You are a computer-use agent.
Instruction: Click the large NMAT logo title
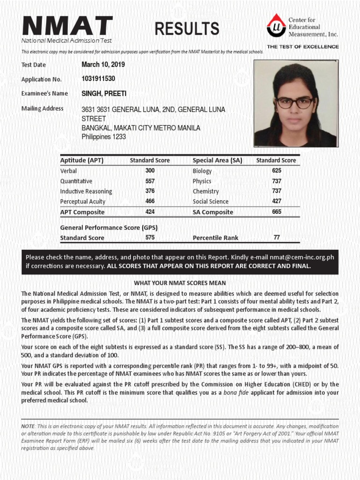(x=67, y=26)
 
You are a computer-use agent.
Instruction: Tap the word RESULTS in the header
(x=187, y=29)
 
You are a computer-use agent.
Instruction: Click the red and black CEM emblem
(x=276, y=26)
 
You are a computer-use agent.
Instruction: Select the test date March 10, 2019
(x=103, y=65)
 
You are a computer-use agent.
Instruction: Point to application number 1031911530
(x=98, y=79)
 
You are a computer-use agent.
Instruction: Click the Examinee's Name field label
(x=45, y=93)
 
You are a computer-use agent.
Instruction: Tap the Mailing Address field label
(x=43, y=109)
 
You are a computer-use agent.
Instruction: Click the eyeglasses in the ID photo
(x=295, y=102)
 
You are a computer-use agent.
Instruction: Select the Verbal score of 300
(x=150, y=171)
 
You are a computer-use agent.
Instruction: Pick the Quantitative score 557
(x=150, y=181)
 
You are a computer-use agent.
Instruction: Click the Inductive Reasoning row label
(x=86, y=191)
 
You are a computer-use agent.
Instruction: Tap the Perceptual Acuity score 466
(x=150, y=201)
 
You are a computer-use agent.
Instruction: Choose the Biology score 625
(x=277, y=171)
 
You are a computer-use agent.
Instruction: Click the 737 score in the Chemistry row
(x=277, y=191)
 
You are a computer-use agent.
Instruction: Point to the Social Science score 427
(x=277, y=201)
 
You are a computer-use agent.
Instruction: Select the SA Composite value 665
(x=277, y=212)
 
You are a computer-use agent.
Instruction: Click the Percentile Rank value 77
(x=277, y=238)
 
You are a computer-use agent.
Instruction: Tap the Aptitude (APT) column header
(x=82, y=160)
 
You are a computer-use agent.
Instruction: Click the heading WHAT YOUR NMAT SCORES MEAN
(x=180, y=283)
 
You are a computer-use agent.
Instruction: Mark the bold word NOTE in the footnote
(x=28, y=426)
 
